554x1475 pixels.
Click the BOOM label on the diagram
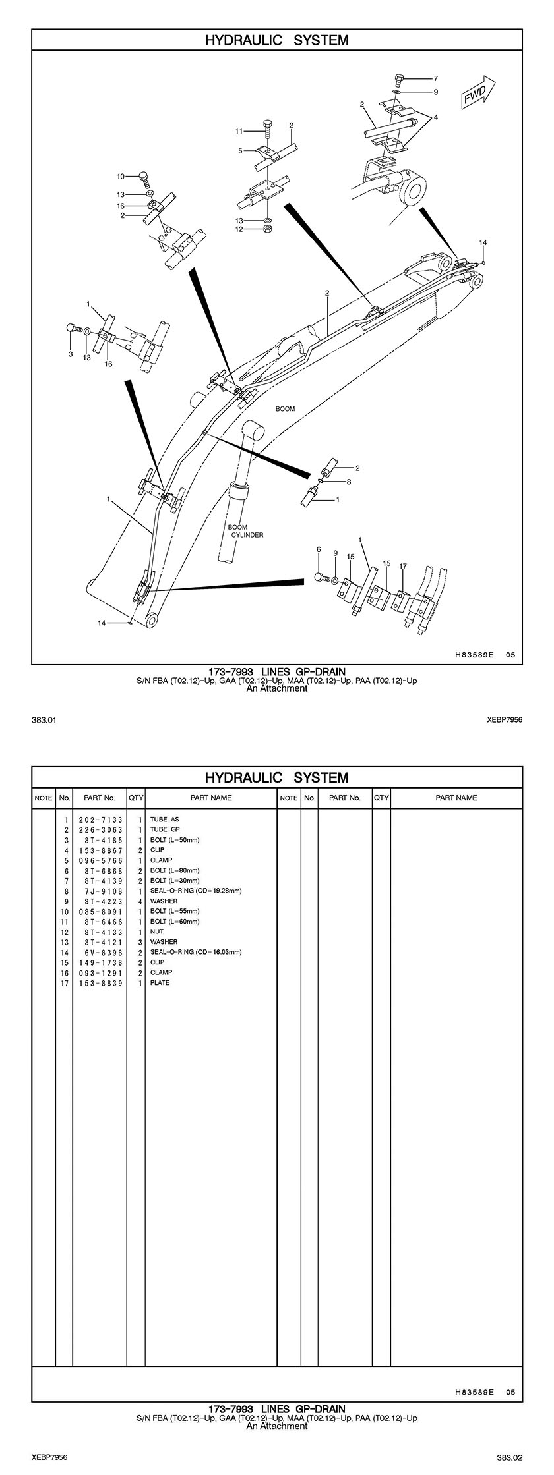click(x=285, y=409)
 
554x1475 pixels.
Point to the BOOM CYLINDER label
click(x=246, y=531)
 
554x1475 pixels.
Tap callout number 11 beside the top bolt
click(x=239, y=132)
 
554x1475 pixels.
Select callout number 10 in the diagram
click(x=121, y=176)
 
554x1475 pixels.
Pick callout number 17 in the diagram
click(x=402, y=567)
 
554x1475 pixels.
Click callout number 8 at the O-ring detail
click(x=348, y=482)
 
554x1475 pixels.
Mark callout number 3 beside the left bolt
click(x=71, y=354)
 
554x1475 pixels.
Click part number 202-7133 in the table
click(x=101, y=820)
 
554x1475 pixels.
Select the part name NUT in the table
click(x=156, y=932)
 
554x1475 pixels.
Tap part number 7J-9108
click(x=101, y=891)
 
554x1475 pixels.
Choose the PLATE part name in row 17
click(x=160, y=982)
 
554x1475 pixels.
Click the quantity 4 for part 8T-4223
click(x=140, y=901)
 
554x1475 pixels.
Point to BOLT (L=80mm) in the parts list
click(x=175, y=870)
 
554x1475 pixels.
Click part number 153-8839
click(x=101, y=982)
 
